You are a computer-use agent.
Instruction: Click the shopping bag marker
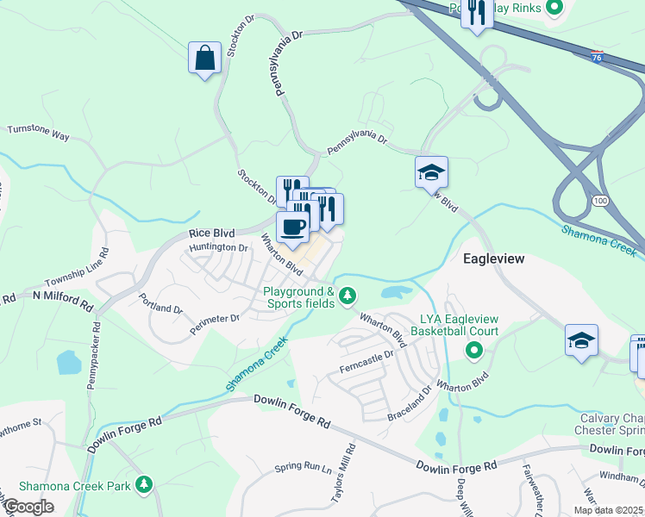click(x=204, y=59)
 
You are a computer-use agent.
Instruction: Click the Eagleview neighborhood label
click(x=501, y=258)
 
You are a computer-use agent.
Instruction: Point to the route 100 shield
click(x=600, y=200)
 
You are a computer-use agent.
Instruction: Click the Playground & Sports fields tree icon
click(x=347, y=296)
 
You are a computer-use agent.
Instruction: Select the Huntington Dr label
click(x=219, y=247)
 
